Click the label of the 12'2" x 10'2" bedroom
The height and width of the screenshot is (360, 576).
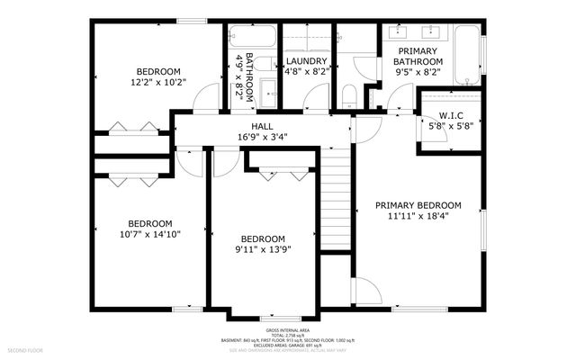pyautogui.click(x=158, y=71)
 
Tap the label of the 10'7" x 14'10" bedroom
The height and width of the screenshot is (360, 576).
pyautogui.click(x=149, y=223)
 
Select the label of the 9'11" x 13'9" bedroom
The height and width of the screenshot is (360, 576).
pyautogui.click(x=262, y=238)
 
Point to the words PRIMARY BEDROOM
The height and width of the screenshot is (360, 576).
pyautogui.click(x=418, y=205)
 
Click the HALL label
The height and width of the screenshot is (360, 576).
pyautogui.click(x=262, y=126)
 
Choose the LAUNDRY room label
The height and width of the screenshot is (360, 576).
pyautogui.click(x=306, y=61)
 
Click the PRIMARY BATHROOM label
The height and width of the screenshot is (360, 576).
pyautogui.click(x=418, y=57)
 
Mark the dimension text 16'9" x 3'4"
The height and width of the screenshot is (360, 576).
pyautogui.click(x=262, y=137)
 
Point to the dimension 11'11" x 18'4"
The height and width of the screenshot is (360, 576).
pyautogui.click(x=418, y=216)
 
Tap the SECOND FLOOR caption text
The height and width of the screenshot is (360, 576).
pyautogui.click(x=24, y=348)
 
